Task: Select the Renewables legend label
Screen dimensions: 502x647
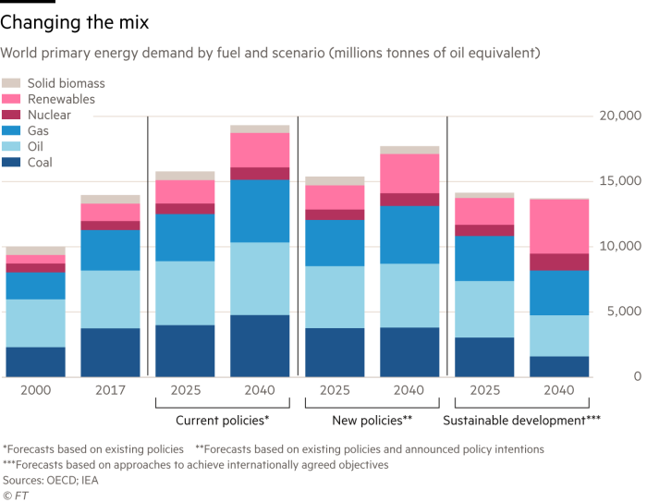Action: click(61, 99)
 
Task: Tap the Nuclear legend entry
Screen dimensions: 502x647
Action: click(48, 115)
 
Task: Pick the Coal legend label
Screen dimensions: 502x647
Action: click(40, 162)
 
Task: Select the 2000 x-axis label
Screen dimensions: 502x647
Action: click(36, 390)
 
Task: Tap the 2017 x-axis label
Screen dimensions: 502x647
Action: click(110, 390)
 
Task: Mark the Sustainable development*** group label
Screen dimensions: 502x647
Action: click(521, 420)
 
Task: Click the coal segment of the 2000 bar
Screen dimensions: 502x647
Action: click(36, 361)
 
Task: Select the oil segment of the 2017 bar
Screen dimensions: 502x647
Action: click(110, 299)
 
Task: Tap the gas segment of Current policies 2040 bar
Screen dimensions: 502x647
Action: click(260, 211)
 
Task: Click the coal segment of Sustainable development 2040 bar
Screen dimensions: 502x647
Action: click(559, 366)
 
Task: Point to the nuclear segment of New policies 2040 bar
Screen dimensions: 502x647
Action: click(409, 200)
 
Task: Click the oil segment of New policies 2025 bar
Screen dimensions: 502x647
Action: click(336, 297)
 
